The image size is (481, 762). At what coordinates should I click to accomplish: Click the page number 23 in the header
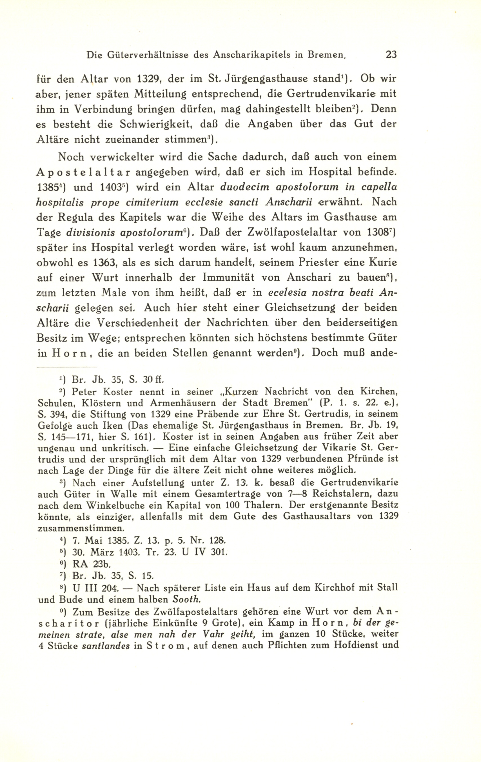click(391, 55)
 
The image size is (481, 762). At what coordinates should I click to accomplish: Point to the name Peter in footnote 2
click(84, 392)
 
